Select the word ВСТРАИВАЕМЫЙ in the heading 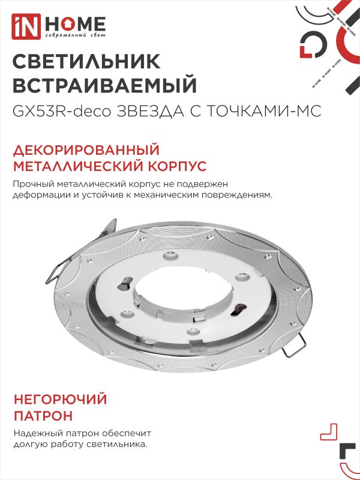click(x=104, y=85)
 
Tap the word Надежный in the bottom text click(x=34, y=433)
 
